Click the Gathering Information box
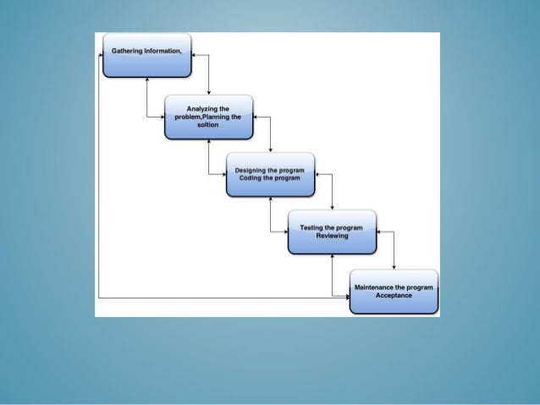[146, 56]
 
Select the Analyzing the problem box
[208, 117]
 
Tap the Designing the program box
[270, 174]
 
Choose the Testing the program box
[332, 232]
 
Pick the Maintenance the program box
[394, 292]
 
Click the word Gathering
[129, 51]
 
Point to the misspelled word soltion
[208, 124]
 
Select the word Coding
[250, 178]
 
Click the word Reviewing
[332, 236]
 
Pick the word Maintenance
[377, 287]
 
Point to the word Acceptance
[394, 295]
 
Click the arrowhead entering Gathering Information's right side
[195, 55]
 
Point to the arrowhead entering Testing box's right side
[379, 232]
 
